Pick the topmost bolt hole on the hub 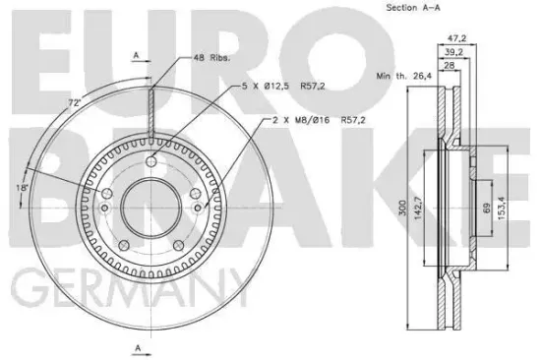point(150,161)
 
